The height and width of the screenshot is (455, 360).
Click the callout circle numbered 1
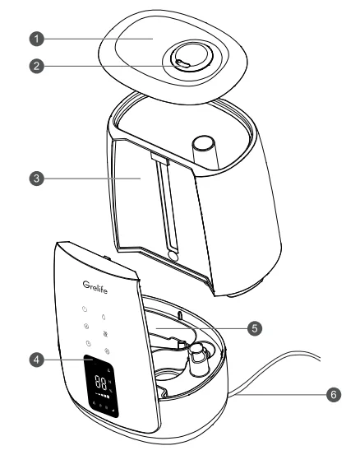tap(37, 39)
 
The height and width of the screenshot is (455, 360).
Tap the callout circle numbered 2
tap(37, 66)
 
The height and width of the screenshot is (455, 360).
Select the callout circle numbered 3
tap(37, 179)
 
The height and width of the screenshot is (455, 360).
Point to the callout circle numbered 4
tap(37, 360)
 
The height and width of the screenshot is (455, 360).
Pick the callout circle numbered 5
tap(255, 328)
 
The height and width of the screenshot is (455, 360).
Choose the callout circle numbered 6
tap(334, 395)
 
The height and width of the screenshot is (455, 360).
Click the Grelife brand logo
tap(95, 287)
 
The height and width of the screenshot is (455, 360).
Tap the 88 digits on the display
tap(101, 382)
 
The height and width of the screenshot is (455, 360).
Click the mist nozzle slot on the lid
tap(183, 63)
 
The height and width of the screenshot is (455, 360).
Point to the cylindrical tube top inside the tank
tap(204, 143)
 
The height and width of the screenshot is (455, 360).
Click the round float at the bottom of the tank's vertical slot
tap(173, 256)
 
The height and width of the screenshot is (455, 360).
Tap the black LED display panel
tap(101, 386)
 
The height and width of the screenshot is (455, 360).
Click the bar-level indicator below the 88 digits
tap(102, 396)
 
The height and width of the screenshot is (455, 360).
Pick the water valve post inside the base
tap(198, 357)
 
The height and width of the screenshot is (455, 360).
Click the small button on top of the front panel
tap(106, 258)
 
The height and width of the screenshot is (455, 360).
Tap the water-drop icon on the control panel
tap(104, 317)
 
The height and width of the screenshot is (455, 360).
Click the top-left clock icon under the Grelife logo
tap(85, 309)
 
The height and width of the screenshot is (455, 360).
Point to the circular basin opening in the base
tap(169, 376)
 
